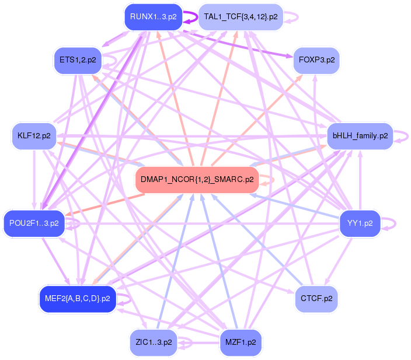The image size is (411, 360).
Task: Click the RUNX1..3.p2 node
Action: point(153,17)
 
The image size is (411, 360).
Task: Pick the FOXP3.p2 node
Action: point(316,60)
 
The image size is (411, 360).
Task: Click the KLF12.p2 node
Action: point(34,136)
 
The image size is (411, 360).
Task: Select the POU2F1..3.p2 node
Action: point(34,223)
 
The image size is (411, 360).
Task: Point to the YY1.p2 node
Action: point(360,222)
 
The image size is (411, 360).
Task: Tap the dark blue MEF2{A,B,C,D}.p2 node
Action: point(77,299)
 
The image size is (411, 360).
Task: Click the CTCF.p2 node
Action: point(316,299)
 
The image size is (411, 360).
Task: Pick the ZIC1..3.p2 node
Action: point(152,342)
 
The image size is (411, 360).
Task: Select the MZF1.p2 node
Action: point(240,342)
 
